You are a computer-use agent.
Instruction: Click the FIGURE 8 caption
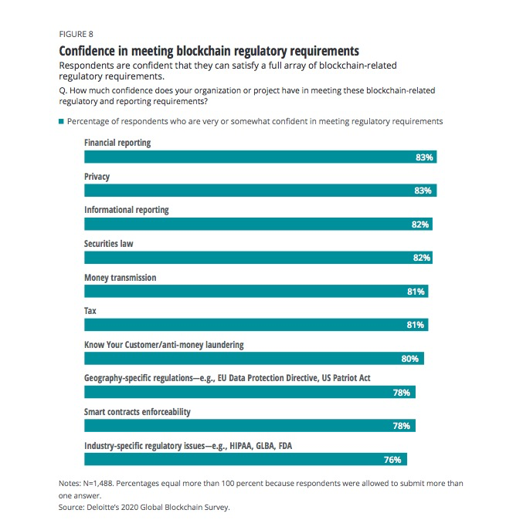click(76, 34)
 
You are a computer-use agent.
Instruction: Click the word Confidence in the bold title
click(87, 51)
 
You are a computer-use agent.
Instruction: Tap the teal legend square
click(61, 121)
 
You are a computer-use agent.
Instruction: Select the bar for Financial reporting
click(260, 157)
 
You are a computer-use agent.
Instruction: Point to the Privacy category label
click(97, 177)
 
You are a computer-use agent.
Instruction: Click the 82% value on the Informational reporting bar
click(420, 225)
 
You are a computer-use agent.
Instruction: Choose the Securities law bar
click(259, 258)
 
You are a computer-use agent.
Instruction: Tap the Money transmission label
click(120, 278)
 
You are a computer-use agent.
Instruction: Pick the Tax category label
click(90, 311)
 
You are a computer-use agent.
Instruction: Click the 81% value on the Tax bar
click(416, 325)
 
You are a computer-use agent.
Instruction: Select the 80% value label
click(410, 359)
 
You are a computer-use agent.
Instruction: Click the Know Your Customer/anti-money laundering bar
click(254, 359)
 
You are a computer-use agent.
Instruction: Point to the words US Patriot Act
click(346, 378)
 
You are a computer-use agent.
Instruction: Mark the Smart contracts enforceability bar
click(250, 426)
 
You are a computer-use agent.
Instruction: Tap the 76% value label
click(392, 460)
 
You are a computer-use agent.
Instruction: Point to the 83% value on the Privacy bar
click(423, 191)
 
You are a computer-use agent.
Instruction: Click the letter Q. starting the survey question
click(63, 90)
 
